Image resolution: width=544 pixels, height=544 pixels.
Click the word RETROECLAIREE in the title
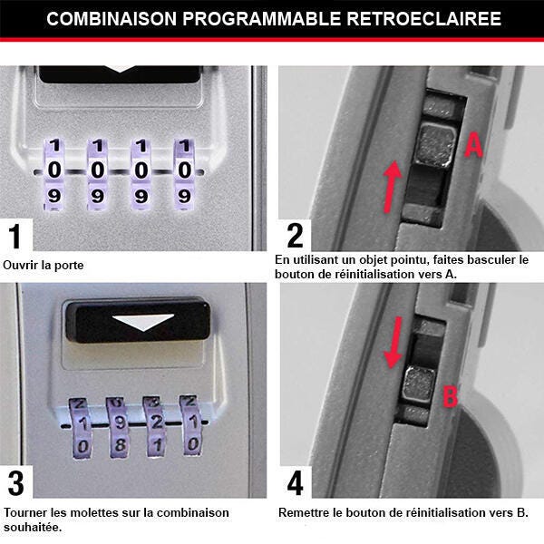click(425, 19)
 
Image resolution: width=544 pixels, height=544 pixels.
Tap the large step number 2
click(295, 236)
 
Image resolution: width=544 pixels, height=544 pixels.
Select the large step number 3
click(15, 482)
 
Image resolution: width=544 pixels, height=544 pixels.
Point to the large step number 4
click(295, 482)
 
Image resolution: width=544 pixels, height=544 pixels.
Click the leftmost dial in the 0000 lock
click(54, 170)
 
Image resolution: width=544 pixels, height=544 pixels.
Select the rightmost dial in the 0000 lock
click(184, 170)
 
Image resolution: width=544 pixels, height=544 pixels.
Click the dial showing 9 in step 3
click(115, 423)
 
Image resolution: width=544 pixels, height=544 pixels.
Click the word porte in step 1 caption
click(75, 266)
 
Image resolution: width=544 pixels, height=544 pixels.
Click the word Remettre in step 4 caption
click(306, 512)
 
